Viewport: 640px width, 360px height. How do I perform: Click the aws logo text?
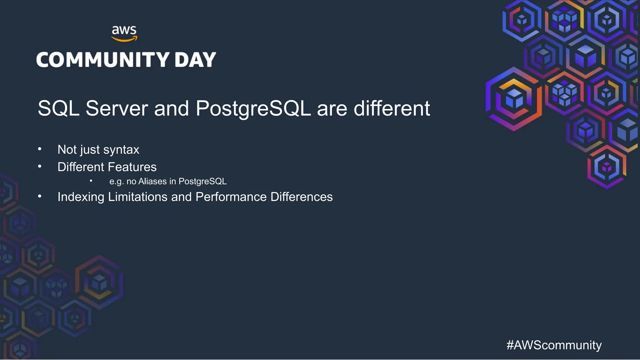click(124, 30)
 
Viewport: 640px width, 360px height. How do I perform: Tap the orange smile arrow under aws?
click(124, 39)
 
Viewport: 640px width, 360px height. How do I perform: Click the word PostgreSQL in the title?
click(253, 108)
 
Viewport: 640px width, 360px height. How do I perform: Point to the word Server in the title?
click(117, 108)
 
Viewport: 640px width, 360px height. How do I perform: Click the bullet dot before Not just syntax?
click(40, 149)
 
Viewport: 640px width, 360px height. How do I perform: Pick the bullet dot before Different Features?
click(40, 167)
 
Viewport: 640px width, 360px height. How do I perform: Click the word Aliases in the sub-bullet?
click(152, 181)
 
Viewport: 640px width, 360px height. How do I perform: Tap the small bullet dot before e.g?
click(91, 181)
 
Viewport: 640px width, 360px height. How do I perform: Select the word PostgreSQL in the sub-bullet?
click(202, 182)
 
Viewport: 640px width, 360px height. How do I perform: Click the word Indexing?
click(81, 197)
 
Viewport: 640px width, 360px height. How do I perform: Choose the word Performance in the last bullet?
click(231, 197)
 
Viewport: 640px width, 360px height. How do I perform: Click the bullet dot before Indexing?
click(40, 196)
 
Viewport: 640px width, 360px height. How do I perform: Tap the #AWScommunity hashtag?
click(554, 345)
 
